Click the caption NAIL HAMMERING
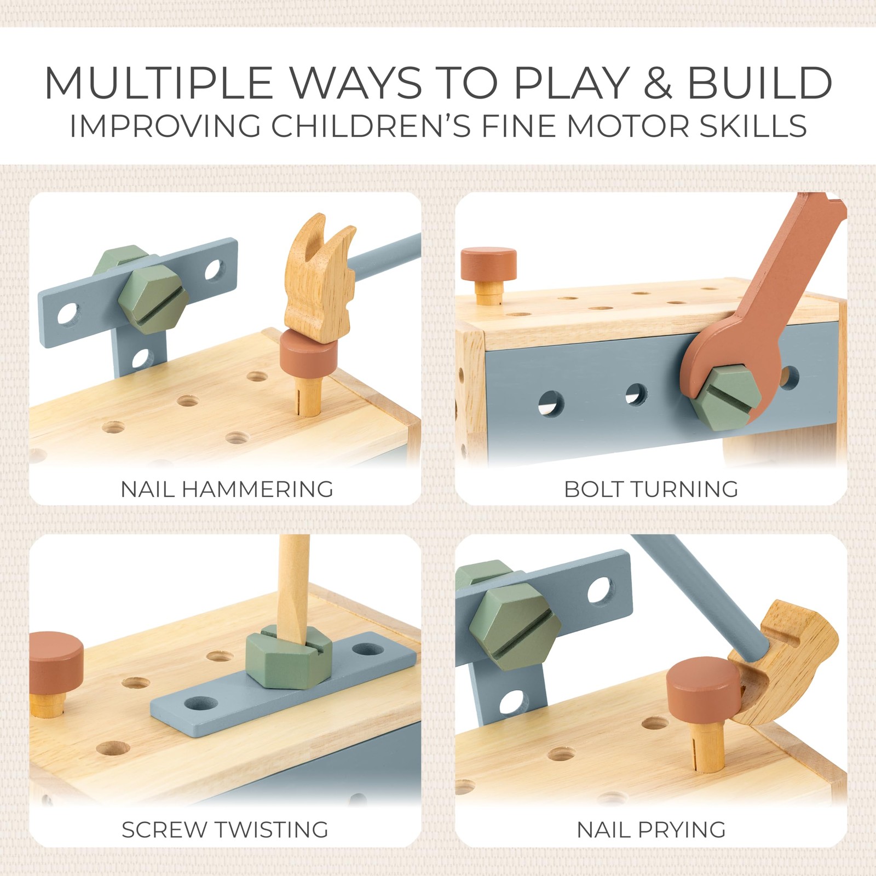(x=227, y=489)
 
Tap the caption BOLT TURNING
(x=651, y=489)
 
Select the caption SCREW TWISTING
(x=225, y=829)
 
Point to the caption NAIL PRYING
(x=651, y=829)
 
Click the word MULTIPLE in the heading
(x=158, y=83)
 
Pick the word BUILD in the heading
(x=760, y=83)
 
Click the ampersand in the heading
(x=657, y=83)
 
